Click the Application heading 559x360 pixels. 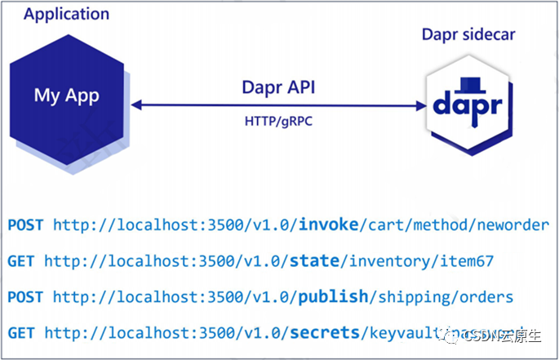[66, 14]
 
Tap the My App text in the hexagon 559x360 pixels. [66, 96]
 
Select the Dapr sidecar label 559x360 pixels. [468, 35]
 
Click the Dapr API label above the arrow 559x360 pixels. [278, 87]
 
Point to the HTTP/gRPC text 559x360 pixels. [277, 120]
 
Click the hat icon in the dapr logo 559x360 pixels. [467, 84]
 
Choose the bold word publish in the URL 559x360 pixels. [332, 297]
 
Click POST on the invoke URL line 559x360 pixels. [26, 224]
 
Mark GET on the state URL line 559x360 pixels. [22, 260]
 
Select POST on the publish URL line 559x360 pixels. [26, 297]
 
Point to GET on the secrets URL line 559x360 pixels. [22, 332]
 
